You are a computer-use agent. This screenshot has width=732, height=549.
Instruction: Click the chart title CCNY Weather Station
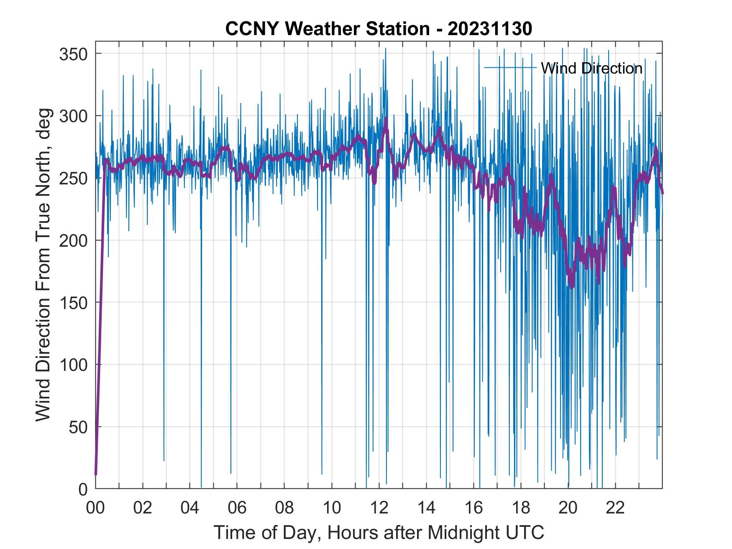[327, 29]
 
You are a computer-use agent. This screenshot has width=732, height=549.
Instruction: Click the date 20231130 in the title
[490, 29]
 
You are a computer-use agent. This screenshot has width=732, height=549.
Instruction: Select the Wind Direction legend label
[591, 68]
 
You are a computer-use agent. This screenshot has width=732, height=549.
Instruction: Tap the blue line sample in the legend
[510, 67]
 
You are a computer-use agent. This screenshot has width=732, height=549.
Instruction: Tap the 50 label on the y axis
[79, 427]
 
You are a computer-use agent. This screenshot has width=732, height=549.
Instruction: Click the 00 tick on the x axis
[95, 508]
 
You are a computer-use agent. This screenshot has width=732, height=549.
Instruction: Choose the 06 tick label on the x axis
[237, 508]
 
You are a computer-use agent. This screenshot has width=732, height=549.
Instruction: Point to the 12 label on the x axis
[379, 508]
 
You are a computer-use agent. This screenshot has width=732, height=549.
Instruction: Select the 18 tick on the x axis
[521, 508]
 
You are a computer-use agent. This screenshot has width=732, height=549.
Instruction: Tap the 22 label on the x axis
[615, 508]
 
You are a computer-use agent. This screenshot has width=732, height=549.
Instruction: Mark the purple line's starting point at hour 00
[96, 474]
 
